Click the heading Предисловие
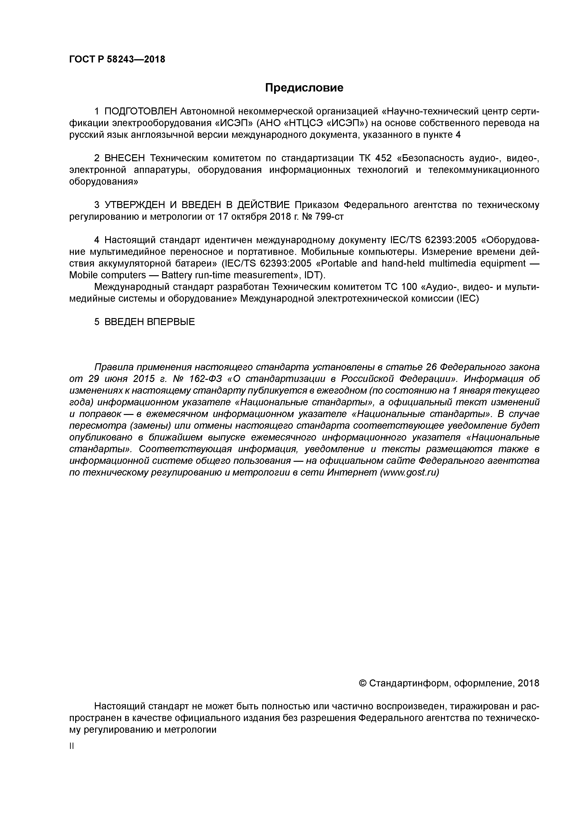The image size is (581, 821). click(x=304, y=88)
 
